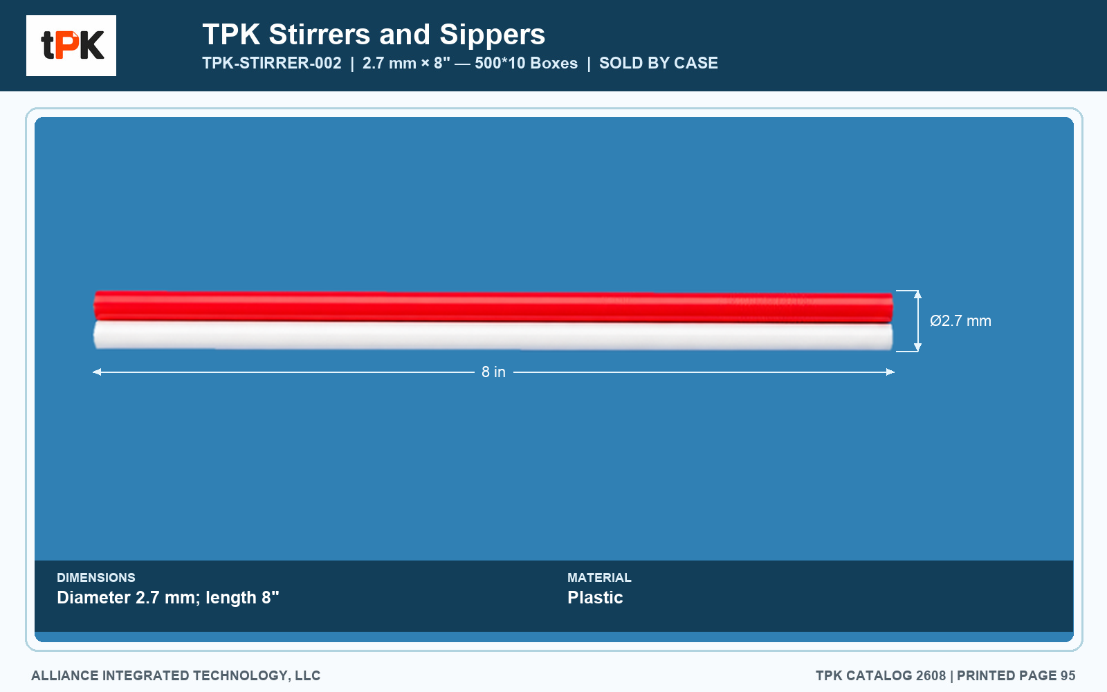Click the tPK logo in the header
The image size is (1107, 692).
(x=71, y=46)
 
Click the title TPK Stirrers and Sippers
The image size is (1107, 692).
(x=374, y=35)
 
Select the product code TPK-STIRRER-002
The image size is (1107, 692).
(x=272, y=63)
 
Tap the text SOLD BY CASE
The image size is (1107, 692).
(x=658, y=63)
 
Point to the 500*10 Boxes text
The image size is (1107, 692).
(x=527, y=63)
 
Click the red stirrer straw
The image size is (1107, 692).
(x=493, y=307)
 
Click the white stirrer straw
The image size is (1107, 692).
(x=493, y=336)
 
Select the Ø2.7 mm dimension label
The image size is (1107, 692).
(x=960, y=321)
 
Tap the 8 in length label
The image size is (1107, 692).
(x=494, y=372)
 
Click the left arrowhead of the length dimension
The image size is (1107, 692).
(x=96, y=372)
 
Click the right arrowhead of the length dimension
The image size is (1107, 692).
(x=890, y=372)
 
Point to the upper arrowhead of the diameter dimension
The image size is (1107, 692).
(x=917, y=294)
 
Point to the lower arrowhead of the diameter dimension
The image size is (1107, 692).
(x=917, y=347)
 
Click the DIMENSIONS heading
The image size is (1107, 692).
(x=96, y=577)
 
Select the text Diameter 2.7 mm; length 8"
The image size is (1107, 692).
(x=168, y=598)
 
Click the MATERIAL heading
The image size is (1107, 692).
(x=599, y=577)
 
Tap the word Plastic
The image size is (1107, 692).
(x=595, y=598)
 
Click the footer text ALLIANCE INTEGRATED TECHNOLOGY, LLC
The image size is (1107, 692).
(x=176, y=675)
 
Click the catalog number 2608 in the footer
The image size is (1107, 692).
(x=931, y=675)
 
